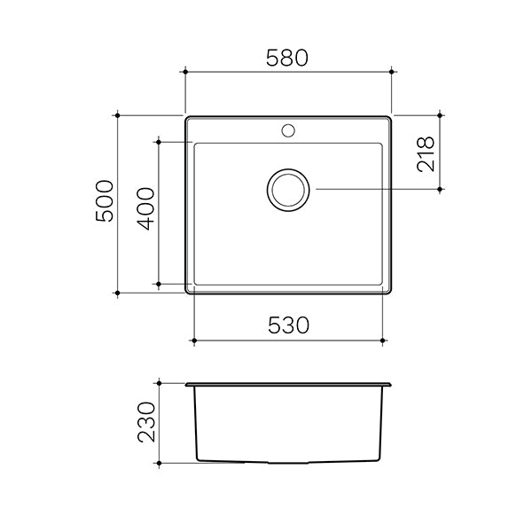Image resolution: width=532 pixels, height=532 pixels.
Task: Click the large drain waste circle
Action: pyautogui.click(x=288, y=190)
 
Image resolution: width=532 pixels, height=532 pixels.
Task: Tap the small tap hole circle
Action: pyautogui.click(x=288, y=131)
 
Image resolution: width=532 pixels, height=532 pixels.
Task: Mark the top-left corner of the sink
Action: pyautogui.click(x=186, y=116)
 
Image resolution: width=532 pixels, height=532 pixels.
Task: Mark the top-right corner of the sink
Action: pyautogui.click(x=392, y=116)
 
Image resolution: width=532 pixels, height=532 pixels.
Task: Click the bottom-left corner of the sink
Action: pyautogui.click(x=186, y=292)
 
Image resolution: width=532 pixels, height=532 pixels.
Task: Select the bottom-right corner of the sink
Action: pyautogui.click(x=392, y=292)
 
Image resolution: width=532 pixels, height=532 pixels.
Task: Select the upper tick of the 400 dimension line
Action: pyautogui.click(x=158, y=140)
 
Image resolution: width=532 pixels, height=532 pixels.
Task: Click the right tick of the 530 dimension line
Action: pyautogui.click(x=383, y=340)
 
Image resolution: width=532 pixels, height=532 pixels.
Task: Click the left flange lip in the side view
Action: pyautogui.click(x=189, y=386)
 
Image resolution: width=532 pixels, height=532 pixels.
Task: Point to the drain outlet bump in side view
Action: pyautogui.click(x=288, y=463)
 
